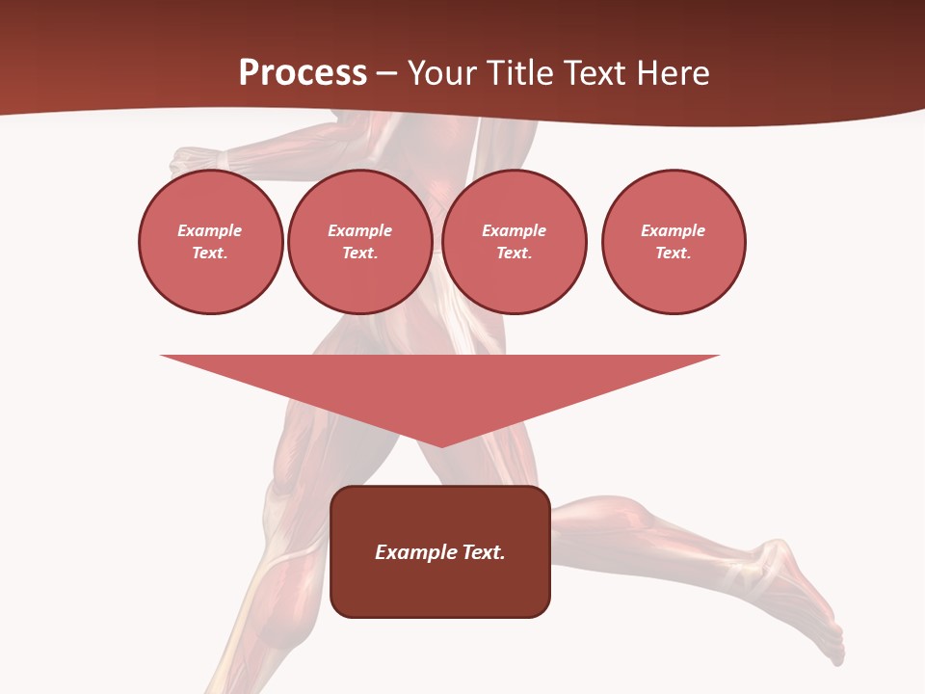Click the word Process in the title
[303, 73]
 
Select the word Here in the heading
[672, 73]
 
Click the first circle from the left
[211, 242]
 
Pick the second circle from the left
[360, 242]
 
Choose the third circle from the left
[515, 242]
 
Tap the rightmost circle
[674, 242]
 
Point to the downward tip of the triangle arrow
[441, 445]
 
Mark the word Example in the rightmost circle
[673, 230]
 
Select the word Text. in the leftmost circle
[210, 254]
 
